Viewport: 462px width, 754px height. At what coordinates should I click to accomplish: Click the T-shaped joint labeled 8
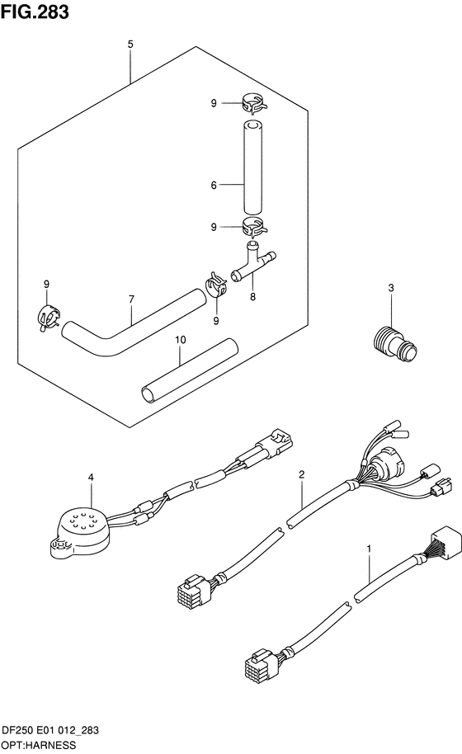[254, 266]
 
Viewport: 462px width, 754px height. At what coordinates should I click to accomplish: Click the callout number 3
[391, 288]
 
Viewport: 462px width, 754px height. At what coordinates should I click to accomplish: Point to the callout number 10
[180, 339]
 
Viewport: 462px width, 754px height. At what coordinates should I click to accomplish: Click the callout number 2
[302, 474]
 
